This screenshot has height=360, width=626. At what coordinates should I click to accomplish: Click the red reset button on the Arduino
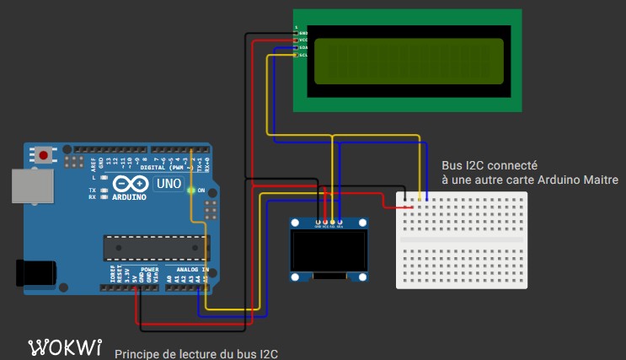pos(42,155)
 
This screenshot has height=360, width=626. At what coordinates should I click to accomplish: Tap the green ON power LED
pos(191,191)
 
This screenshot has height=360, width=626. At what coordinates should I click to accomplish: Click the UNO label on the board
pos(169,183)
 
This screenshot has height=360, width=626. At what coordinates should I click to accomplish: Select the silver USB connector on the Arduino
pos(30,185)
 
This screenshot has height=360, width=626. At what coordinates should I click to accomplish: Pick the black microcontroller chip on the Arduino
pos(155,246)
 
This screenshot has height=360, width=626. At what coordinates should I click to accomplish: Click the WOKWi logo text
pos(66,347)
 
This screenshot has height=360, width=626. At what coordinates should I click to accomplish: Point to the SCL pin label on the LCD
pos(302,56)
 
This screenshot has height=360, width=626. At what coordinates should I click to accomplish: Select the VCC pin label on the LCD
pos(302,40)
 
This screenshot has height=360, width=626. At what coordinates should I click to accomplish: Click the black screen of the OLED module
pos(329,251)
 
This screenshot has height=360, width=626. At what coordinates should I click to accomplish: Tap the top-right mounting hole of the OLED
pos(364,223)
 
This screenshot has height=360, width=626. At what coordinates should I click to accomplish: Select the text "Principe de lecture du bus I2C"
pos(195,353)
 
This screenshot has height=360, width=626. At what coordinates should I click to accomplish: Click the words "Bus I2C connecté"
pos(490,165)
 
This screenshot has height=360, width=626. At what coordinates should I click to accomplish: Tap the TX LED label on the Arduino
pos(92,191)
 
